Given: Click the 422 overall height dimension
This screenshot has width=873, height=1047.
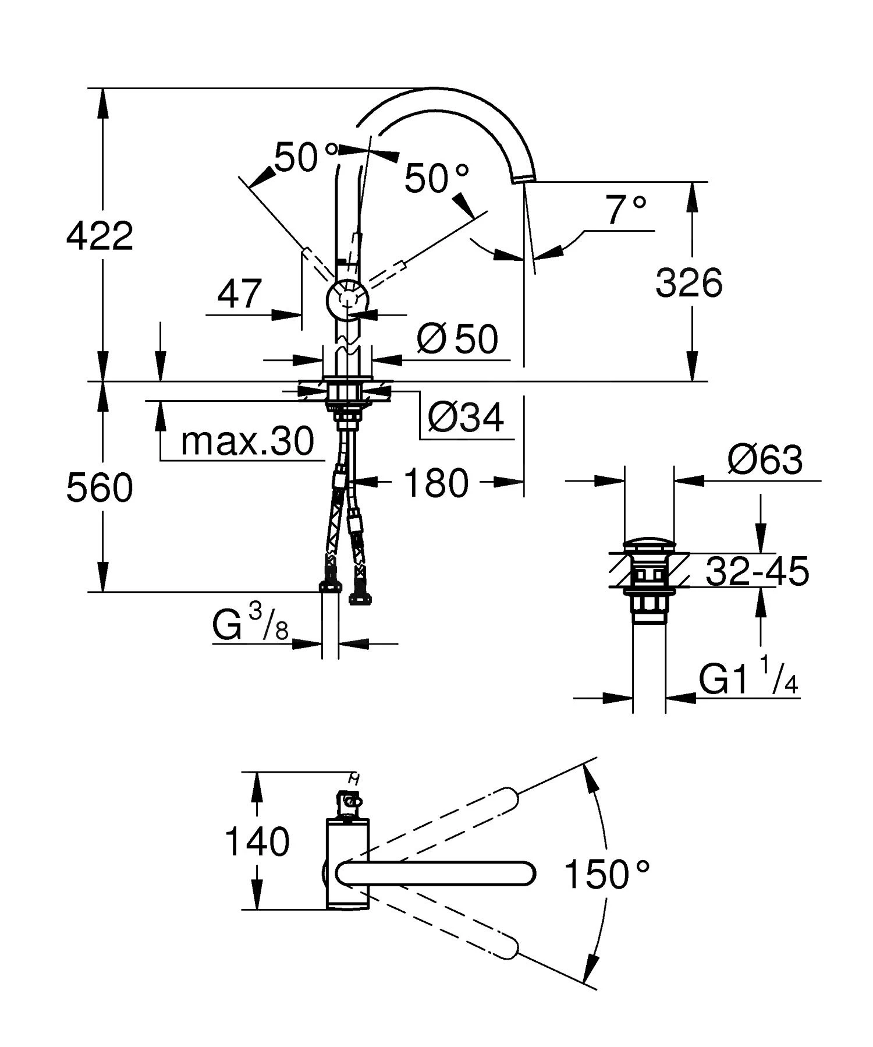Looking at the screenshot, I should click(x=100, y=236).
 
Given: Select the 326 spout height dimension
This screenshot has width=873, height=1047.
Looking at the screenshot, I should click(x=689, y=284).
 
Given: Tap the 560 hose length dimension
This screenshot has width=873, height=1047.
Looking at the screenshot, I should click(x=100, y=487).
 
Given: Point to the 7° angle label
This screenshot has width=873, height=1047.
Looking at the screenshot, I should click(x=626, y=211).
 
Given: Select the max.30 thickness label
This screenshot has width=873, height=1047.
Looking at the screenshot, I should click(x=247, y=441).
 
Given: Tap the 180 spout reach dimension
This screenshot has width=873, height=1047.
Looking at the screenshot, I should click(x=436, y=483).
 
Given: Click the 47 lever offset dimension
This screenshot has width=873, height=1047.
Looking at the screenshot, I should click(x=239, y=294).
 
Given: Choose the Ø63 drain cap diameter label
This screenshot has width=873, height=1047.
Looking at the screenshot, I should click(x=765, y=460).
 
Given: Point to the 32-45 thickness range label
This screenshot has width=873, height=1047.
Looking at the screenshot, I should click(x=757, y=571).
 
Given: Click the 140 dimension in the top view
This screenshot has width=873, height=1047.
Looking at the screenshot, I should click(x=257, y=841).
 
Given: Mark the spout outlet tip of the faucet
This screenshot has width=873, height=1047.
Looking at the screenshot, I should click(x=521, y=179).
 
